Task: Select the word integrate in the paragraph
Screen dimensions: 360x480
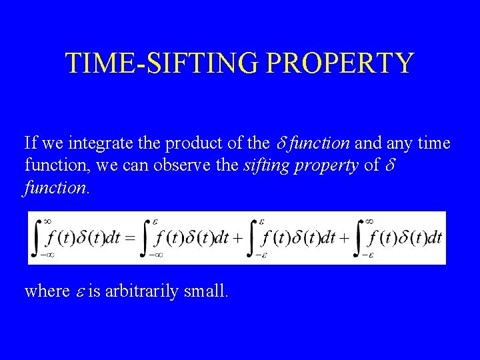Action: click(x=99, y=144)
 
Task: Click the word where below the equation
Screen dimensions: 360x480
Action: click(x=47, y=291)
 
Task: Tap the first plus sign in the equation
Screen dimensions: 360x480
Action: click(x=237, y=238)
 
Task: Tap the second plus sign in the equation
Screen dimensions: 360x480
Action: click(x=344, y=238)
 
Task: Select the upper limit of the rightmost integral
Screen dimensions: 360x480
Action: click(x=368, y=221)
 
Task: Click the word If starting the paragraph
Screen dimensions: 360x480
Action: click(x=31, y=143)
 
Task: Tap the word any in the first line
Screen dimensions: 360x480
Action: click(x=399, y=144)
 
